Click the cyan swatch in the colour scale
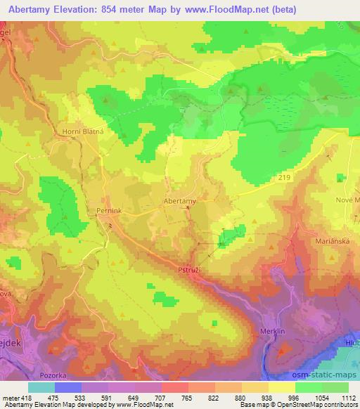41,387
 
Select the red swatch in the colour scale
175,387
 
